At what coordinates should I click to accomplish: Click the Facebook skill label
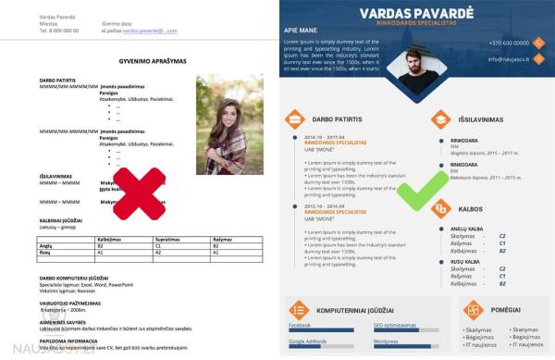[x=300, y=326]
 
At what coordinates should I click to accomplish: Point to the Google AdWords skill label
[x=309, y=342]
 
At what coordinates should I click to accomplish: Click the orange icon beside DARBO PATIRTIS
[x=295, y=118]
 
